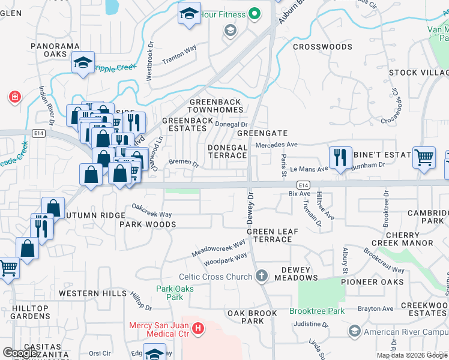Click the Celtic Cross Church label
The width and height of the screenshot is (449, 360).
(215, 277)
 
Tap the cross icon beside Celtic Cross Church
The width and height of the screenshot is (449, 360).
(261, 277)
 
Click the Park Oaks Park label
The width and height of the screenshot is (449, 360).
(175, 293)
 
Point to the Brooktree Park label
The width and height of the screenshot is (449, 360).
(317, 311)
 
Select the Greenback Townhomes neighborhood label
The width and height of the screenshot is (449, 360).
(216, 106)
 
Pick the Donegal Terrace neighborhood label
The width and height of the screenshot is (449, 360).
(228, 151)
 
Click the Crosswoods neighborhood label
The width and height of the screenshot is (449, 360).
(322, 47)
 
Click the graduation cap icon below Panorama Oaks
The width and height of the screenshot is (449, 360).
(83, 62)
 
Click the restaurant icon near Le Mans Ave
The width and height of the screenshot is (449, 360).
(340, 157)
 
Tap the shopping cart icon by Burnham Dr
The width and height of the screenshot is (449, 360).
(424, 157)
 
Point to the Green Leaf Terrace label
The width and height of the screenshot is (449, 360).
(269, 235)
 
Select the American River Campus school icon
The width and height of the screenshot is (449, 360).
(354, 331)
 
